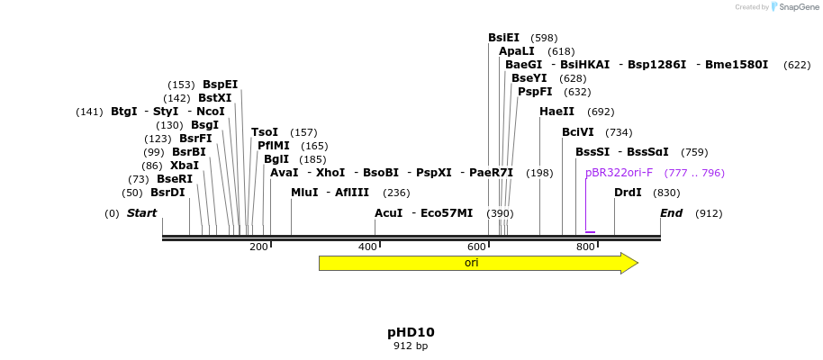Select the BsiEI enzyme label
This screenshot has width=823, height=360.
point(503,38)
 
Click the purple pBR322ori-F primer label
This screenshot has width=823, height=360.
point(619,173)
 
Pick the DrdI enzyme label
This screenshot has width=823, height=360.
point(628,193)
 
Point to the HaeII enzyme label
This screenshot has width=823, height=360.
point(556,112)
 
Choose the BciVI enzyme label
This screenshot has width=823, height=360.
point(577,132)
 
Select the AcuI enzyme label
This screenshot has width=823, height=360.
point(388,213)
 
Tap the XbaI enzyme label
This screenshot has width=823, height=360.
point(184,166)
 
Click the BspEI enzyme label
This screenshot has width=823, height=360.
point(220,85)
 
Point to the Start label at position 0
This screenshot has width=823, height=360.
point(141,213)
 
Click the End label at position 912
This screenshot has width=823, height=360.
point(671,213)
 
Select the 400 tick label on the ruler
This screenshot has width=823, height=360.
point(367,247)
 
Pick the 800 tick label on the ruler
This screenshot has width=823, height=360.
point(585,247)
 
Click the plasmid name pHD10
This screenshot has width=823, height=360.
point(411,332)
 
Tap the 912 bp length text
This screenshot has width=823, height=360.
point(411,346)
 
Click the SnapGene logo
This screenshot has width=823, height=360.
point(791,6)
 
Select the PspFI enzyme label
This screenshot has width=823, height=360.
point(535,92)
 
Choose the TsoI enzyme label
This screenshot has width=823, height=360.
point(265,132)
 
